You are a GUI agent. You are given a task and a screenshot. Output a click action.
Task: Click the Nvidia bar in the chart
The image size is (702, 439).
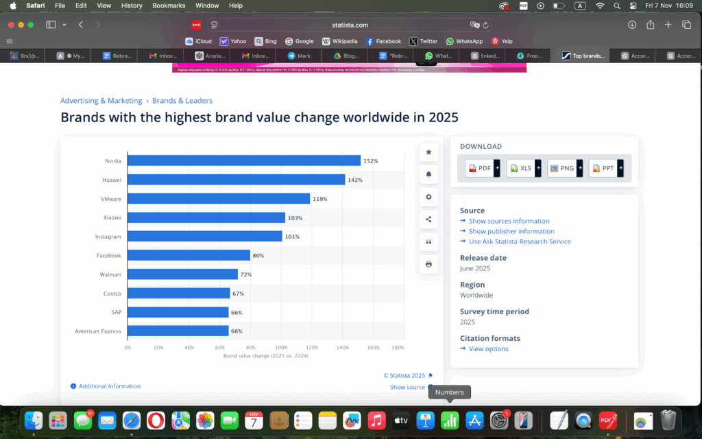pyautogui.click(x=243, y=161)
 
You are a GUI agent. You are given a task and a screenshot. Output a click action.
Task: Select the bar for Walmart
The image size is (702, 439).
pyautogui.click(x=182, y=274)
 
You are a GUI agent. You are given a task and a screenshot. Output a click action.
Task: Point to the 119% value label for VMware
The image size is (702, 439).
pyautogui.click(x=320, y=199)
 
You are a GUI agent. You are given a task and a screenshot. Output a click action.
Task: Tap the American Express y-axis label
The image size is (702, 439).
pyautogui.click(x=98, y=331)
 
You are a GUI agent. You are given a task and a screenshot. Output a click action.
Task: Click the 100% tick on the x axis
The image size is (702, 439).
pyautogui.click(x=281, y=348)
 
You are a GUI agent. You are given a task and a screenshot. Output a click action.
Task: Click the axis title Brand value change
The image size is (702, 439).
pyautogui.click(x=265, y=357)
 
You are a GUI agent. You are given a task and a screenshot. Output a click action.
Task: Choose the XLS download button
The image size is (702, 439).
pyautogui.click(x=520, y=168)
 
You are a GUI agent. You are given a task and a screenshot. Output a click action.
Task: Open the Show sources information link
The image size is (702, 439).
pyautogui.click(x=509, y=221)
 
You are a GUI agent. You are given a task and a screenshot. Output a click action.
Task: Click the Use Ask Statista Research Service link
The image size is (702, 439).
pyautogui.click(x=520, y=241)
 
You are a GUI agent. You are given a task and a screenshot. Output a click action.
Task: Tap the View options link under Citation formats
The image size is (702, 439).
pyautogui.click(x=488, y=349)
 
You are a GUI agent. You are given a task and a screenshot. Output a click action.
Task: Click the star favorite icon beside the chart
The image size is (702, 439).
pyautogui.click(x=428, y=152)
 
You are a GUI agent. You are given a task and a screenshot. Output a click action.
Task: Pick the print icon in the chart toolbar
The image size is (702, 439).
pyautogui.click(x=428, y=264)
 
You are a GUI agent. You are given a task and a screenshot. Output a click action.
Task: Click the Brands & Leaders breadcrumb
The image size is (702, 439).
pyautogui.click(x=182, y=101)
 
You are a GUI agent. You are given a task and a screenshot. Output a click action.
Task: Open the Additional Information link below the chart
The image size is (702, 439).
pyautogui.click(x=109, y=386)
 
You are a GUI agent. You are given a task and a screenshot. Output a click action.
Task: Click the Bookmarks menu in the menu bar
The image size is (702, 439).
pyautogui.click(x=168, y=5)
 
